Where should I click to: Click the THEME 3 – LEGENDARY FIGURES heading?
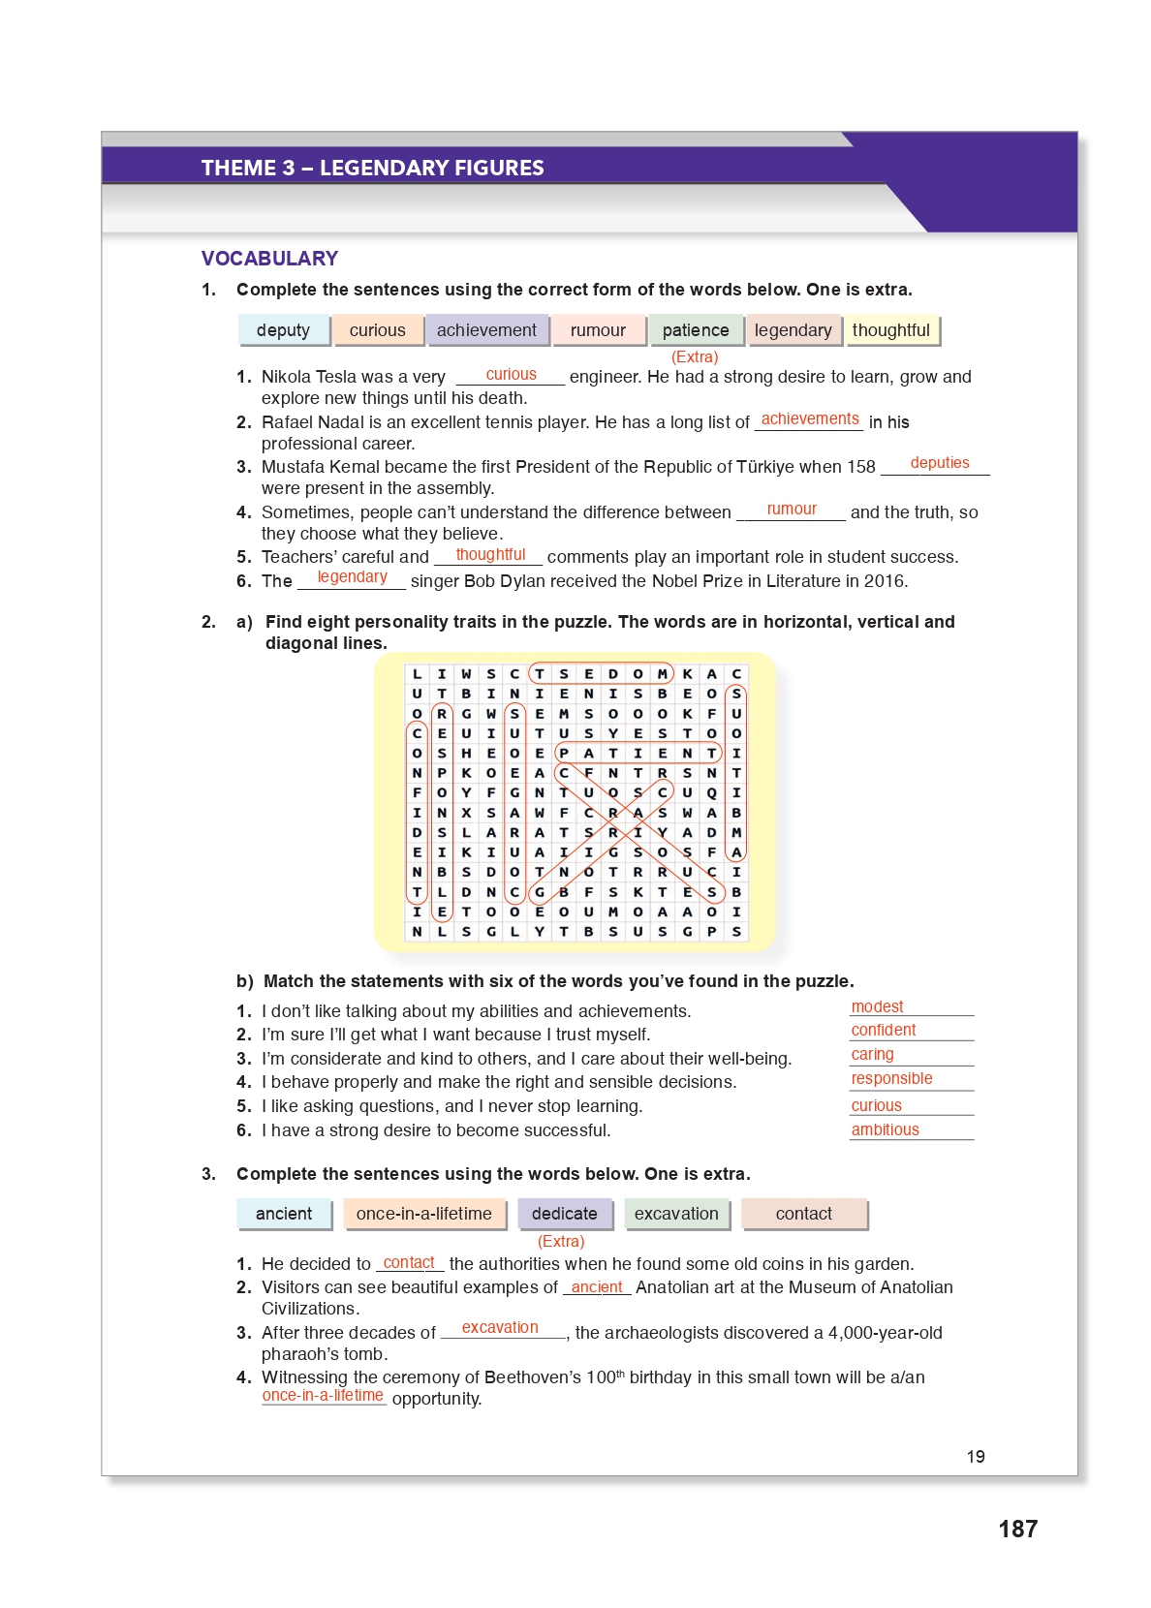[x=372, y=168]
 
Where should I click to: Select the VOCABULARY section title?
[x=269, y=259]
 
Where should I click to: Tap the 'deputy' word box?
[x=283, y=330]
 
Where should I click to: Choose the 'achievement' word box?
[x=486, y=330]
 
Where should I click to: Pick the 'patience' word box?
[x=696, y=330]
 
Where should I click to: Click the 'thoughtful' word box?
[x=890, y=330]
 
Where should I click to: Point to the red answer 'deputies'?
[x=939, y=463]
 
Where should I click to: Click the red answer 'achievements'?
[x=810, y=419]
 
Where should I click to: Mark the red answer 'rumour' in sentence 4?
[x=792, y=510]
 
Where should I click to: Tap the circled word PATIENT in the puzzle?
[x=638, y=753]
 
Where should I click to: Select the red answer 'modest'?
[x=877, y=1007]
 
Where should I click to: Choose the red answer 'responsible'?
[x=891, y=1079]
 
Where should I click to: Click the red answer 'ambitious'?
[x=885, y=1130]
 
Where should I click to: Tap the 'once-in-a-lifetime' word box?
[x=423, y=1214]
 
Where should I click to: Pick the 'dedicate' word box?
[x=564, y=1214]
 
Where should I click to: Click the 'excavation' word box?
[x=676, y=1214]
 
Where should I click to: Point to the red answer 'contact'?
[x=409, y=1263]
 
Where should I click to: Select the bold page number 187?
[x=1017, y=1529]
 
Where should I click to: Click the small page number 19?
[x=976, y=1457]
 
